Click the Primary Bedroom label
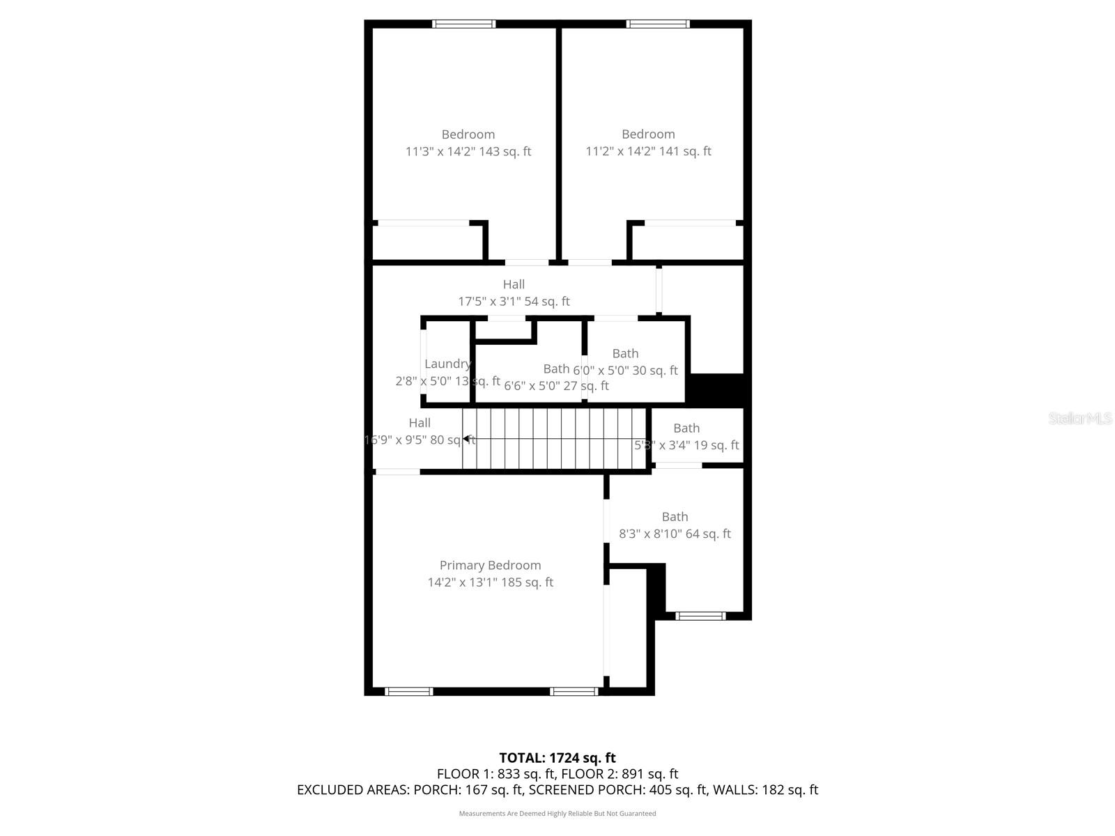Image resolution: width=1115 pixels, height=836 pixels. (x=490, y=565)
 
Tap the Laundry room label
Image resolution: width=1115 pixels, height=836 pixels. (x=447, y=364)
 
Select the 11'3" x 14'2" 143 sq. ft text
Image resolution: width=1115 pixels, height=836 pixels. (x=468, y=151)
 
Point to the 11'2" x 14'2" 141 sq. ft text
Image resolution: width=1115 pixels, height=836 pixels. (x=648, y=151)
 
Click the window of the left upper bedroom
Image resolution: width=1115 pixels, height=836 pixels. (x=464, y=24)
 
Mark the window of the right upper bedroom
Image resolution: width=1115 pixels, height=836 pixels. (x=658, y=24)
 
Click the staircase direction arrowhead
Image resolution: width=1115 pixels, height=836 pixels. (x=466, y=439)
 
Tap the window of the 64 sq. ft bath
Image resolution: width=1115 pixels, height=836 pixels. (x=701, y=616)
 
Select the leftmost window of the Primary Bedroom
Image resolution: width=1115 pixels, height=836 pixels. (x=409, y=691)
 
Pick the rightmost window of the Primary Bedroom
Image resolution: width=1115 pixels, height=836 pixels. (x=574, y=691)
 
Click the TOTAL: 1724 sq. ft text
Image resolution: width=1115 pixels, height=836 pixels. (x=557, y=757)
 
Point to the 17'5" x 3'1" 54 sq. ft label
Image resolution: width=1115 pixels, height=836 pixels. (x=514, y=302)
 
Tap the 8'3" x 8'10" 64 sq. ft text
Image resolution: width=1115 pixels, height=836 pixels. (x=675, y=534)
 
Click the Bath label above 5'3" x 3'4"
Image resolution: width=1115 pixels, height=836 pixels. (x=686, y=428)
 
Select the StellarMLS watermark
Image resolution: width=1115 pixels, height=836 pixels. (x=1080, y=419)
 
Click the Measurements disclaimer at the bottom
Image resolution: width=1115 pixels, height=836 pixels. (x=557, y=813)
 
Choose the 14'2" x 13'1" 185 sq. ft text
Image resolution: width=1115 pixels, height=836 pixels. (x=490, y=582)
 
